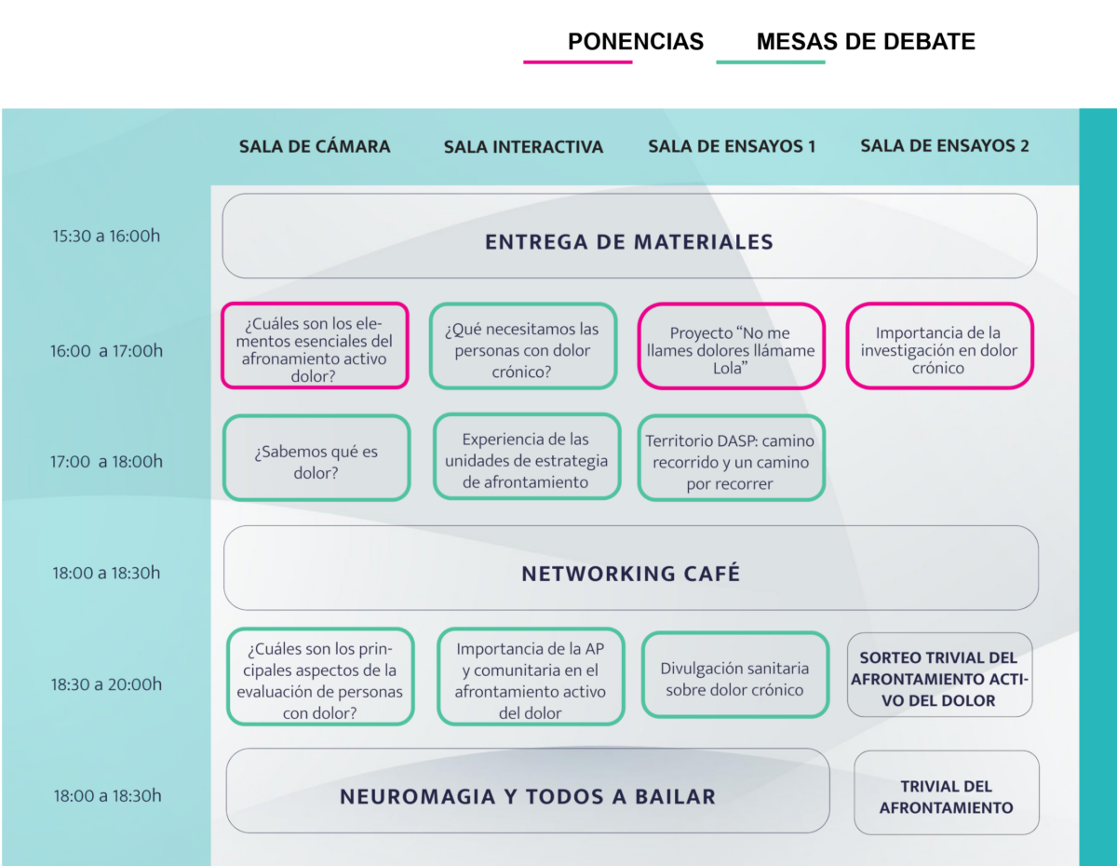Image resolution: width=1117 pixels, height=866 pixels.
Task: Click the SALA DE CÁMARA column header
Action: [x=315, y=146]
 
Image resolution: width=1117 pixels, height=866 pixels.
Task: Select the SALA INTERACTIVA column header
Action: [x=523, y=147]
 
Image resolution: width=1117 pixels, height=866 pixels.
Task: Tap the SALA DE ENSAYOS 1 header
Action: [x=732, y=146]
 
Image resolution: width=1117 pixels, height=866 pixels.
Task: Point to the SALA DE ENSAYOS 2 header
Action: [x=945, y=145]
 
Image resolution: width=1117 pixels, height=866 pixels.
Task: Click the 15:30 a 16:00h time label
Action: [x=106, y=236]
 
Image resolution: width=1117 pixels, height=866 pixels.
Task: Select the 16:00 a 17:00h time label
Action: [x=106, y=351]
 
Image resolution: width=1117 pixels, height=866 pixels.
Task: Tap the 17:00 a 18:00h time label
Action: [x=106, y=461]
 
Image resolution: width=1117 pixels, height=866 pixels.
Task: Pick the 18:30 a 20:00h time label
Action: [x=106, y=684]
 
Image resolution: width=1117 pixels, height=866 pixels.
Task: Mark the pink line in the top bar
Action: [x=578, y=62]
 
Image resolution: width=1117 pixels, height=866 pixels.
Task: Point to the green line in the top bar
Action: [x=771, y=62]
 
